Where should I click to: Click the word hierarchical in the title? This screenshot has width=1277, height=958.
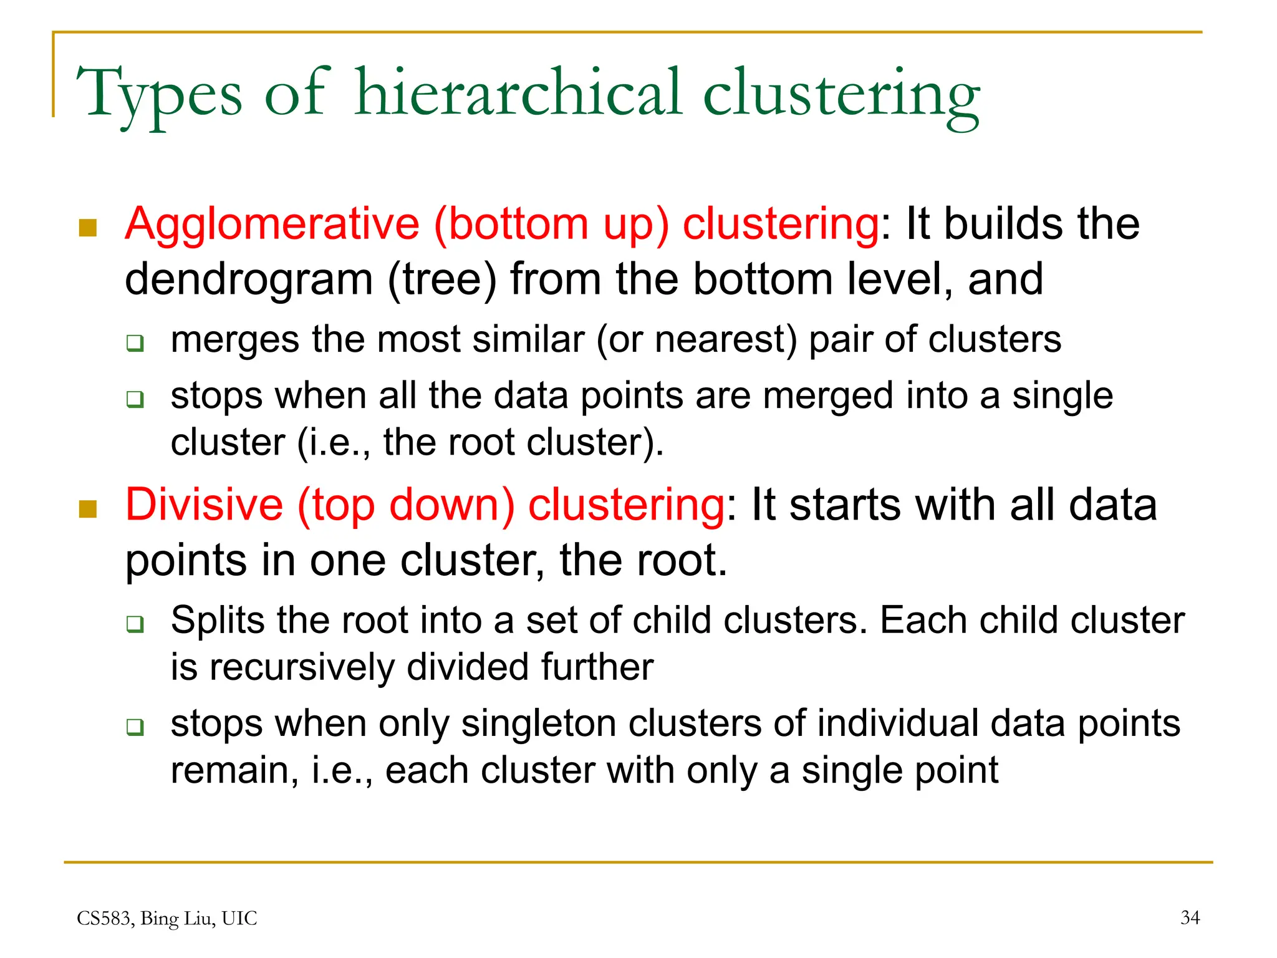tap(518, 94)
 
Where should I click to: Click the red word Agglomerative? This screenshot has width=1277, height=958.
tap(272, 225)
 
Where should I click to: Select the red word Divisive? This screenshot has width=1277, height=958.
tap(204, 505)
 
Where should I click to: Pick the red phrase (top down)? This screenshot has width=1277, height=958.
tap(406, 505)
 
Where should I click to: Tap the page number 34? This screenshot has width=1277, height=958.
tap(1190, 917)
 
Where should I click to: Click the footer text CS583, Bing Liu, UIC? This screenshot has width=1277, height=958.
tap(166, 918)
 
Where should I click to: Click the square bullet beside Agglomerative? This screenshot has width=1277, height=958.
tap(88, 228)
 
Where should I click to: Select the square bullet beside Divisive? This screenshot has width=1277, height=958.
tap(88, 509)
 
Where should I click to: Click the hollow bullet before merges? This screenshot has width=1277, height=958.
tap(135, 343)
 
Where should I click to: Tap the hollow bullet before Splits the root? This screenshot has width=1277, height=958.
tap(135, 624)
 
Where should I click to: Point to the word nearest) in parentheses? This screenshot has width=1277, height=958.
tap(726, 341)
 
